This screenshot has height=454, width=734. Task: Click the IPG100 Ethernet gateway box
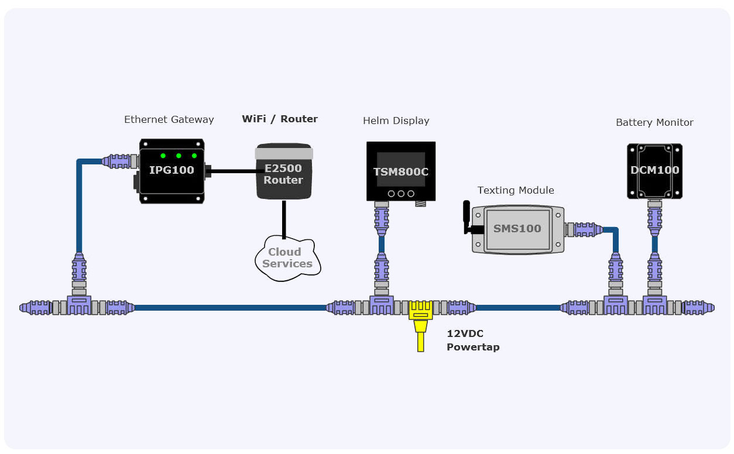tap(172, 171)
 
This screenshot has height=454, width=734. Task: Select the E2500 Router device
tap(283, 172)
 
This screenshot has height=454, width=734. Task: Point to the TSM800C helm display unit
tap(401, 171)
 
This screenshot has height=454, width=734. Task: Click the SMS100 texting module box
tap(517, 229)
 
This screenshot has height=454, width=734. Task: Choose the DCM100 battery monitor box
tap(654, 170)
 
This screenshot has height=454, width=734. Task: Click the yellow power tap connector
tap(420, 319)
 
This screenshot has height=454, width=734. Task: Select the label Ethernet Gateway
tap(169, 119)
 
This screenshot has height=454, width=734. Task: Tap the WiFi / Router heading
tap(280, 119)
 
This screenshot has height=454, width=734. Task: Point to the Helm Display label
tap(396, 121)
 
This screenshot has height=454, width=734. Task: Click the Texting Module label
tap(516, 190)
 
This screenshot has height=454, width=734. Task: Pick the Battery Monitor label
tap(654, 122)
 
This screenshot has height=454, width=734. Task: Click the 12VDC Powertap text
tap(473, 340)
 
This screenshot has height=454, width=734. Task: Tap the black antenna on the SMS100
tap(467, 217)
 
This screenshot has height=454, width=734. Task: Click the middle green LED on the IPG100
tap(179, 156)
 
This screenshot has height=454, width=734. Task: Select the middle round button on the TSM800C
tap(401, 194)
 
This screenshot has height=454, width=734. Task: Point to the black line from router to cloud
tap(284, 219)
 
